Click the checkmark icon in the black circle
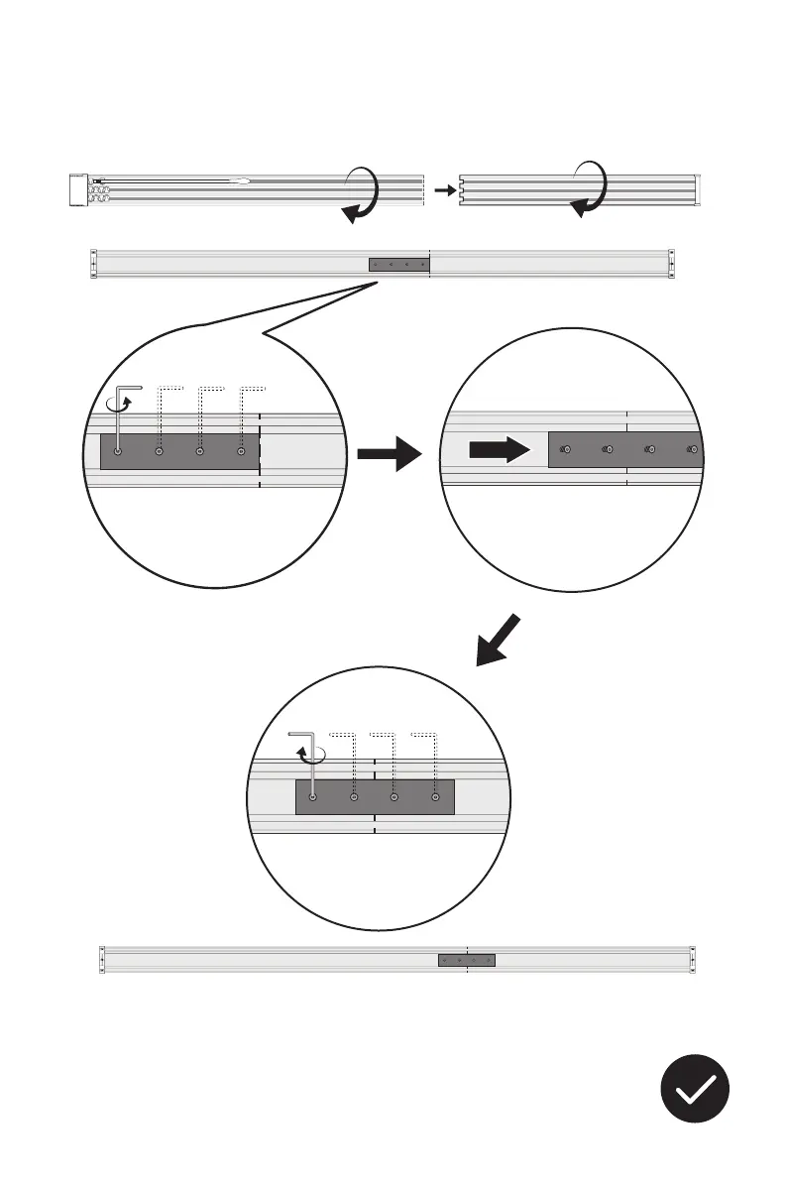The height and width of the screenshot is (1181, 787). [x=696, y=1089]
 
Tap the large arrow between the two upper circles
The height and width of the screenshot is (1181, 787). [x=390, y=455]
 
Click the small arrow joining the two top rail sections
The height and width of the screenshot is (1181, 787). [x=443, y=188]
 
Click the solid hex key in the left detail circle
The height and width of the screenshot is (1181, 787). [x=120, y=416]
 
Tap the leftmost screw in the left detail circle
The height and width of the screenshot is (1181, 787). [x=119, y=451]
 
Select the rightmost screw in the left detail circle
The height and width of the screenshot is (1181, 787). [x=242, y=451]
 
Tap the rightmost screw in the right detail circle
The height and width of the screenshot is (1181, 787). [x=693, y=450]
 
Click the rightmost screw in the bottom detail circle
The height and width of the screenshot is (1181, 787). [x=435, y=796]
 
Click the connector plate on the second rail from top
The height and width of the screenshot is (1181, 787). [x=398, y=265]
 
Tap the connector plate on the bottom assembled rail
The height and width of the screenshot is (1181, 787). [x=467, y=960]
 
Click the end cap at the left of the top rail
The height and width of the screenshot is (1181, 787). [x=78, y=189]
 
